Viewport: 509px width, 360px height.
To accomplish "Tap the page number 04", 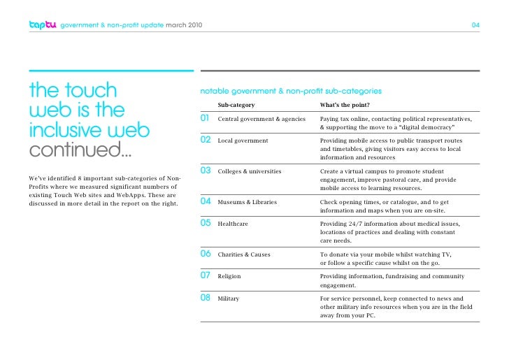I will [x=475, y=26].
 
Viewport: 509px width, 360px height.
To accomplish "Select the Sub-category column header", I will [x=236, y=105].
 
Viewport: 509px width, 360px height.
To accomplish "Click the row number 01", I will [x=206, y=119].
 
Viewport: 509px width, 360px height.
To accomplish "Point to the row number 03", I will [x=206, y=171].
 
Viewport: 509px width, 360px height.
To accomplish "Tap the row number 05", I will [x=206, y=223].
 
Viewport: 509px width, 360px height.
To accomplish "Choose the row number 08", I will [x=206, y=298].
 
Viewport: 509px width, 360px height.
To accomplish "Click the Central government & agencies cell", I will [x=261, y=120].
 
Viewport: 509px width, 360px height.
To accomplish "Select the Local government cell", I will [x=243, y=141].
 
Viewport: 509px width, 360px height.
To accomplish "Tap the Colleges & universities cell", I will [x=250, y=171].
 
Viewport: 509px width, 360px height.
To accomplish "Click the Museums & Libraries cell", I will [x=248, y=202].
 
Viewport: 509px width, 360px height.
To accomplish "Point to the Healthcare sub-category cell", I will [x=233, y=224].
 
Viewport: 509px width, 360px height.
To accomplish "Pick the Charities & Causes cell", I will [x=244, y=254].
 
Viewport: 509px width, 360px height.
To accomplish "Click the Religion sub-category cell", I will [x=229, y=276].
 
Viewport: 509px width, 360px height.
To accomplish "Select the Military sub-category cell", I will [x=229, y=298].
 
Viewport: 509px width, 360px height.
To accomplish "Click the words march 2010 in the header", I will [x=184, y=26].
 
